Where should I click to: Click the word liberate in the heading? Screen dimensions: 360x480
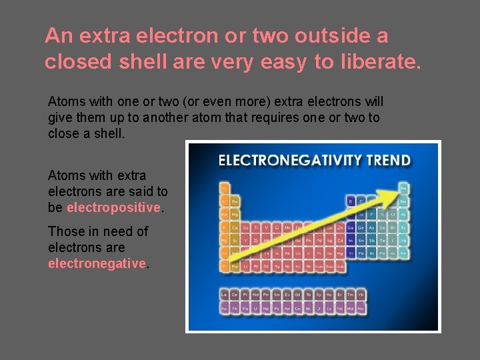pos(381,62)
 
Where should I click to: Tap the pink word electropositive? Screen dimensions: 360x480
pos(114,207)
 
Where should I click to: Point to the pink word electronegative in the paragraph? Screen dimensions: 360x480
pos(97,263)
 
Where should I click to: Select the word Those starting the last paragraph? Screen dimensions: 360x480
pos(65,231)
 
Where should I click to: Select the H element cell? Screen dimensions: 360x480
pos(225,187)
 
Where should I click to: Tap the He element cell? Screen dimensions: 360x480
pos(403,187)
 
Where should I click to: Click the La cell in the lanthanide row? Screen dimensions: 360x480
pos(225,294)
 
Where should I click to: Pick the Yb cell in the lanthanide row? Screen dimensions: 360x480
pos(360,294)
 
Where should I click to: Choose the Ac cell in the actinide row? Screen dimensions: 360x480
pos(225,309)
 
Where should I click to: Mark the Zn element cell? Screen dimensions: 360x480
pos(340,227)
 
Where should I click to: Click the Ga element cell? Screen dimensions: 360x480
pos(351,227)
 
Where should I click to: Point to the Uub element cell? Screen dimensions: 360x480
pos(340,267)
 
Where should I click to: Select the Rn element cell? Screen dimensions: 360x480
pos(403,253)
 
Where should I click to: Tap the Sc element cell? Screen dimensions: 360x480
pos(245,227)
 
